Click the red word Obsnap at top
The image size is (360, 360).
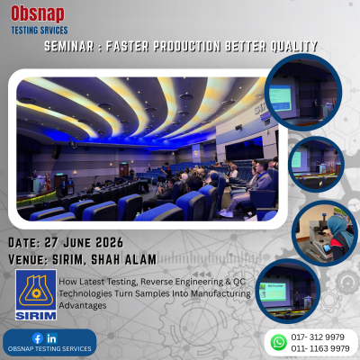(38, 13)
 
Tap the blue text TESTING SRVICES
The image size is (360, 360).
(40, 31)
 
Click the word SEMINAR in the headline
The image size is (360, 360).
(69, 46)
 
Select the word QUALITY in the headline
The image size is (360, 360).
(294, 46)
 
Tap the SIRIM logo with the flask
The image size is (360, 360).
(36, 294)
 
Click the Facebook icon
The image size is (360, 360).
(38, 338)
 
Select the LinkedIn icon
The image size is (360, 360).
(51, 338)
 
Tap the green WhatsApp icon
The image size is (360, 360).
(278, 342)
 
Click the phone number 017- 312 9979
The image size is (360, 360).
(318, 337)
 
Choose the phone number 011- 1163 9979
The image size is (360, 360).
(320, 348)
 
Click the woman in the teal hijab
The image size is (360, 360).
(339, 236)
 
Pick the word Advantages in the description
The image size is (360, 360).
(83, 306)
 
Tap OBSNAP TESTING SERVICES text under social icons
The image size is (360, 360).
(49, 349)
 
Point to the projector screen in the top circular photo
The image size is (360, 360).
(280, 98)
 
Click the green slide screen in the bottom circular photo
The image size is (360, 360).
(273, 292)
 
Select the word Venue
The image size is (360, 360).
(28, 259)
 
